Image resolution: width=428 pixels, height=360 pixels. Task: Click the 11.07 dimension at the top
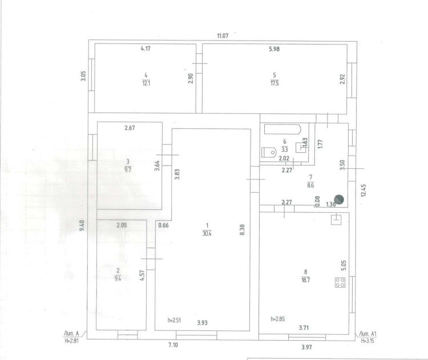click(x=223, y=36)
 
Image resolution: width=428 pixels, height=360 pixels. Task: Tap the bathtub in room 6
click(x=282, y=130)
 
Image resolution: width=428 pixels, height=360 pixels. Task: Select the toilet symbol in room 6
click(x=269, y=152)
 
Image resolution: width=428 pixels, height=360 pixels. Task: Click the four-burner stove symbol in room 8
click(x=340, y=282)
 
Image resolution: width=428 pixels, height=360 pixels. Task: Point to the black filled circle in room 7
click(x=339, y=200)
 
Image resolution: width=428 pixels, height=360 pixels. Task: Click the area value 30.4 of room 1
click(x=207, y=233)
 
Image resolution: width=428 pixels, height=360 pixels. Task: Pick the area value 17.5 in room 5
click(x=274, y=83)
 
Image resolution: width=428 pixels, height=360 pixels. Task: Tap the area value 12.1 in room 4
click(x=146, y=83)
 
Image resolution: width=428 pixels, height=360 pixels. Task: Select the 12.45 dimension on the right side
click(x=364, y=190)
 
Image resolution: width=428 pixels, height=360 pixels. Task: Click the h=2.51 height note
click(x=174, y=320)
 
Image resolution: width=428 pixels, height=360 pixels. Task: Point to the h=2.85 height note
click(x=277, y=319)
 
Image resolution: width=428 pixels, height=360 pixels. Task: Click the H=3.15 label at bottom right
click(x=368, y=341)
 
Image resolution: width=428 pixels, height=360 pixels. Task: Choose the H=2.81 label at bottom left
click(x=71, y=341)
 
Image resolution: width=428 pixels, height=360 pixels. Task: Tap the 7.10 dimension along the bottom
click(x=173, y=345)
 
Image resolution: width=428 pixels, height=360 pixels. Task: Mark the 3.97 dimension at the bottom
click(x=306, y=347)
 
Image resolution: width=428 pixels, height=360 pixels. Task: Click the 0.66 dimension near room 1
click(x=164, y=225)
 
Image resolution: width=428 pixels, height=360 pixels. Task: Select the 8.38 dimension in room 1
click(x=242, y=230)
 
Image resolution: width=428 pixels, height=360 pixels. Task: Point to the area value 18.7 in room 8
click(x=305, y=280)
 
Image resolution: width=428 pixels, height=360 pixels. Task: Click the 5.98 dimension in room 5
click(x=274, y=49)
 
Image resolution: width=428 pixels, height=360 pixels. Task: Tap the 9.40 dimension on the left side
click(x=82, y=226)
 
